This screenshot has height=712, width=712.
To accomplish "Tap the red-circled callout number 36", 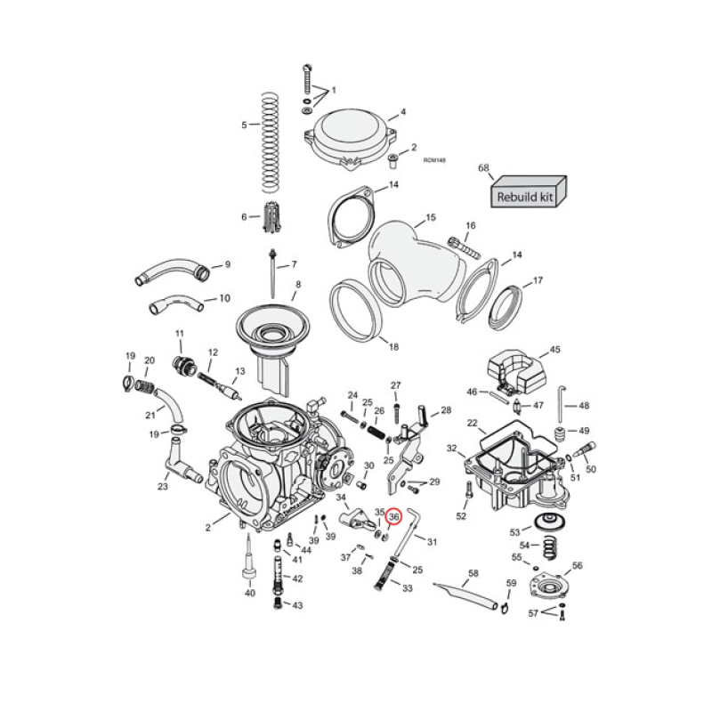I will click(x=395, y=515).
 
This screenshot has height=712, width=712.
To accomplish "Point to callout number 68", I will click(x=484, y=167).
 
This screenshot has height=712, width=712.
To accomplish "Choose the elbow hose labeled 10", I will click(x=176, y=305).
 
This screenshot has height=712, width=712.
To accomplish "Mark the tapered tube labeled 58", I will click(x=465, y=594).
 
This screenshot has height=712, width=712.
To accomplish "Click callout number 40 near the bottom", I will click(x=249, y=594).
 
